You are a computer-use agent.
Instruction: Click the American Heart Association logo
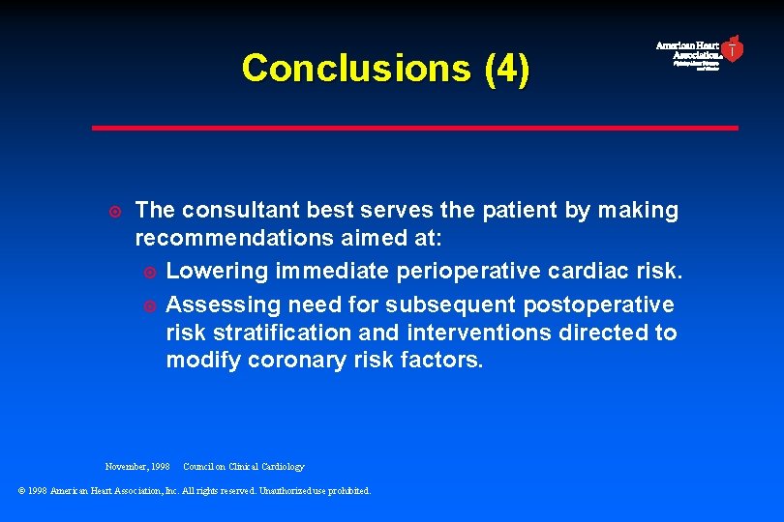pyautogui.click(x=700, y=52)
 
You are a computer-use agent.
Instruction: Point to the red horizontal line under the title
pyautogui.click(x=414, y=128)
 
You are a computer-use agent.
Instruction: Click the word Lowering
pyautogui.click(x=217, y=273)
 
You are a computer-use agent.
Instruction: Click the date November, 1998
pyautogui.click(x=137, y=467)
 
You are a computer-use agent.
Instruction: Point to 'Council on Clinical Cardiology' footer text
pyautogui.click(x=243, y=467)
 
